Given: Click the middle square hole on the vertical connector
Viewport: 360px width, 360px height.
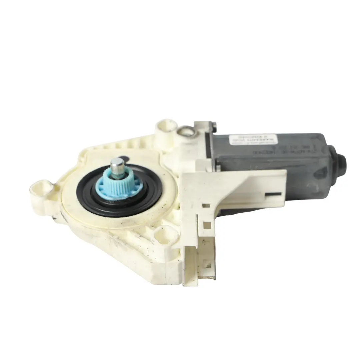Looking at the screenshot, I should click(x=207, y=225).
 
